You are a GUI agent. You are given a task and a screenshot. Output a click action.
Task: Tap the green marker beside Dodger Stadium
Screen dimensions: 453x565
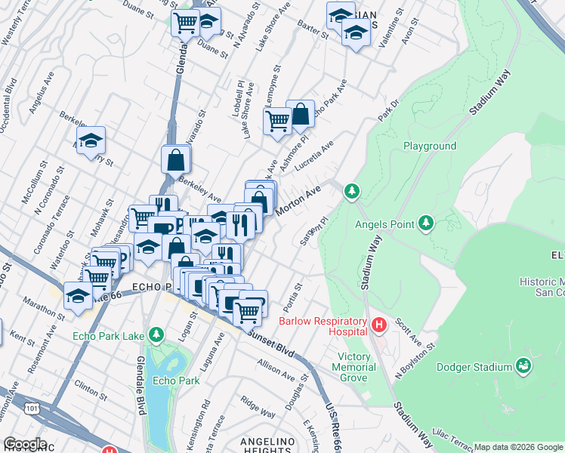523,367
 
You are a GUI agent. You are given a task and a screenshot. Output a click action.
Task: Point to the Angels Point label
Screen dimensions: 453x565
384,223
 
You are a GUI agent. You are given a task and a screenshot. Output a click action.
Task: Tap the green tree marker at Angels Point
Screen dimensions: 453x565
426,223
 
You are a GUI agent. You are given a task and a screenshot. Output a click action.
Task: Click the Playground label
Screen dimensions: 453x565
429,146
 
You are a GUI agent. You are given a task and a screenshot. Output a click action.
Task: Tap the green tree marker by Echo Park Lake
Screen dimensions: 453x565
156,334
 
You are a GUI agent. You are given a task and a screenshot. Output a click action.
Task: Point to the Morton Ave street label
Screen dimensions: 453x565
298,200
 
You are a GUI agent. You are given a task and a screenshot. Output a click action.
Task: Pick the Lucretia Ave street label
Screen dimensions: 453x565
317,158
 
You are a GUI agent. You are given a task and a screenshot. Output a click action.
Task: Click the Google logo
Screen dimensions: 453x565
25,444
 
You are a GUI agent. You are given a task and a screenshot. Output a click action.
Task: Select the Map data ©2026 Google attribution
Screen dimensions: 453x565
518,447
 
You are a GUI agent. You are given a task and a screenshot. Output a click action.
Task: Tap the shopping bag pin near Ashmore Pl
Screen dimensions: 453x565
300,115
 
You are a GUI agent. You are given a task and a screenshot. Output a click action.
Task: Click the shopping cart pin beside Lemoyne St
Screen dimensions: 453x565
277,120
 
